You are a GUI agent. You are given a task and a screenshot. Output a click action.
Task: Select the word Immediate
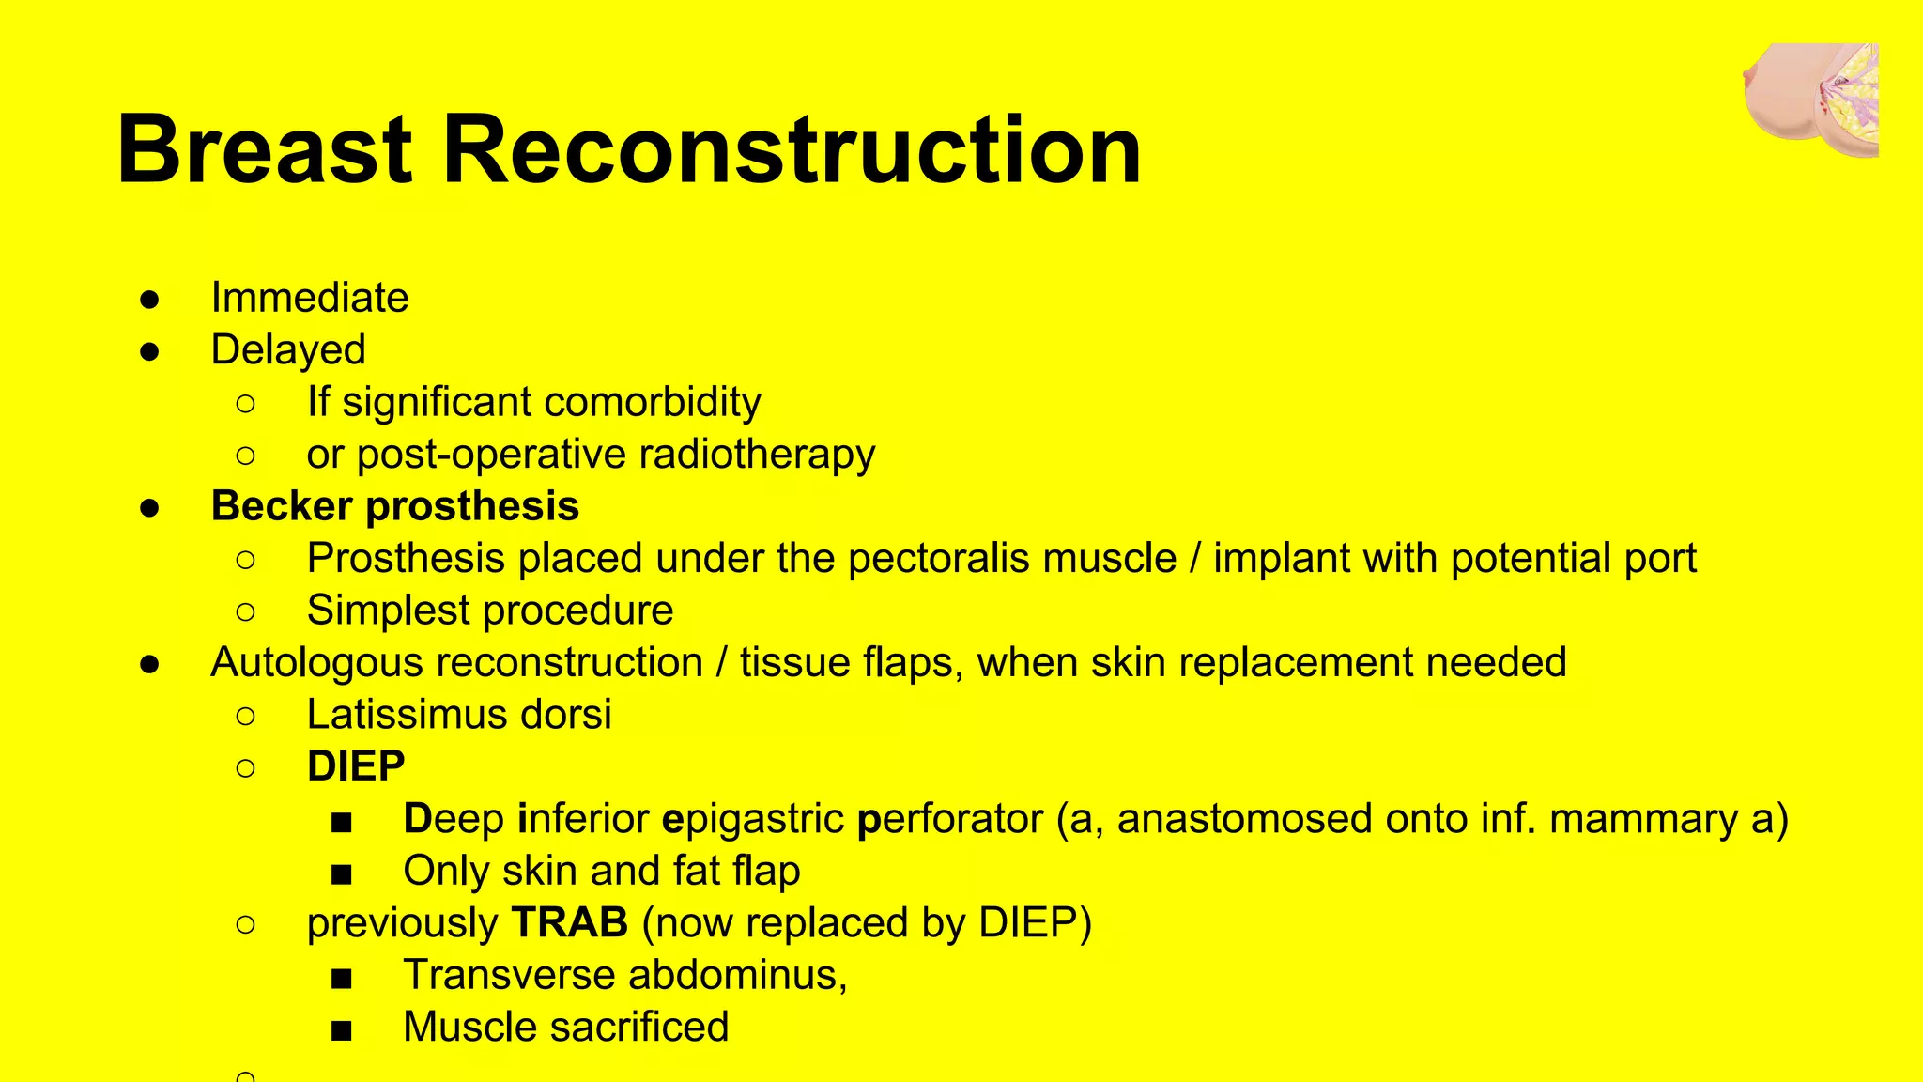310,298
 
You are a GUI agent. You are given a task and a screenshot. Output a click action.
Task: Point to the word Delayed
288,350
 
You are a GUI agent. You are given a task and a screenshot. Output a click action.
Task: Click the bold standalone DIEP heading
356,766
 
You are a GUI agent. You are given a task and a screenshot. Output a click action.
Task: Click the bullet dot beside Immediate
150,300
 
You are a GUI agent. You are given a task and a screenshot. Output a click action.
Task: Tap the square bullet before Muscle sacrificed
342,1030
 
